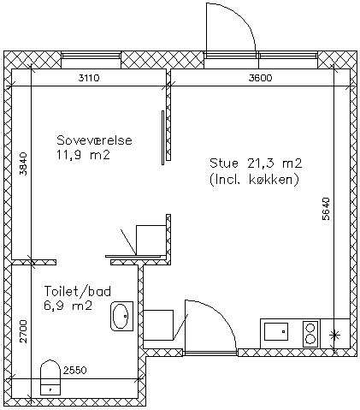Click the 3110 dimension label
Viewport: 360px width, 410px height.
click(x=89, y=78)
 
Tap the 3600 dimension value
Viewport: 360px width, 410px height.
click(x=260, y=78)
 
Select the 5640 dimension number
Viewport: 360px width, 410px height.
click(x=326, y=209)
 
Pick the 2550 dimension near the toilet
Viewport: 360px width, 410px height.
click(x=74, y=371)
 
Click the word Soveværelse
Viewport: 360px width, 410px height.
click(x=94, y=140)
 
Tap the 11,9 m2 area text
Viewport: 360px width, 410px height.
click(x=83, y=155)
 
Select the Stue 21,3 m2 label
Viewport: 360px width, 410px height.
click(x=256, y=163)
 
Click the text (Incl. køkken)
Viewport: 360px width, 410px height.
click(x=254, y=180)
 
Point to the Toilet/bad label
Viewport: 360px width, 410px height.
click(x=78, y=291)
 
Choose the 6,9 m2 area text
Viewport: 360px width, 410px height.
click(x=68, y=306)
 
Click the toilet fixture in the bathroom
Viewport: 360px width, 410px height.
click(x=50, y=377)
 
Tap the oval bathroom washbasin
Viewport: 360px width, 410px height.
click(x=121, y=316)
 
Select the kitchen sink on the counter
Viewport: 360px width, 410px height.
click(x=276, y=331)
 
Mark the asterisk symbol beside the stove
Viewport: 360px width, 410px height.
click(x=334, y=335)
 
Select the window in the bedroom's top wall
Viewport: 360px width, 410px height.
click(x=91, y=56)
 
